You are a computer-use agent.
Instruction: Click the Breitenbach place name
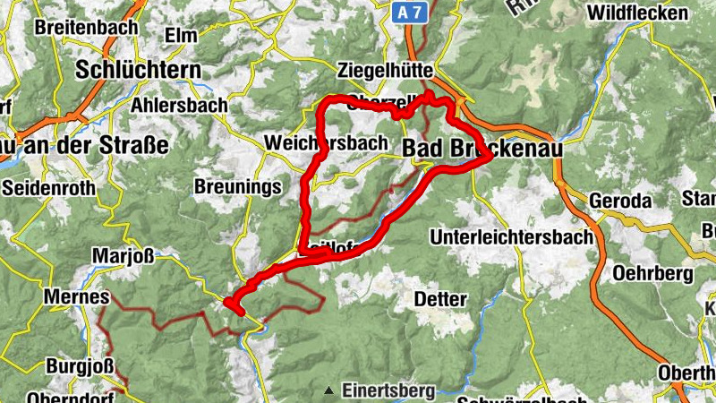[86, 28]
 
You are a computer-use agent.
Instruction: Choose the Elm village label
[182, 35]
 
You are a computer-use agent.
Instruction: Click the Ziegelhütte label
[387, 69]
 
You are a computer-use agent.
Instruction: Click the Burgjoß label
[73, 366]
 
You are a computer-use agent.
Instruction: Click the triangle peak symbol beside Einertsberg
[330, 390]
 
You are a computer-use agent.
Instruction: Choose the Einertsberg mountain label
[388, 390]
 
